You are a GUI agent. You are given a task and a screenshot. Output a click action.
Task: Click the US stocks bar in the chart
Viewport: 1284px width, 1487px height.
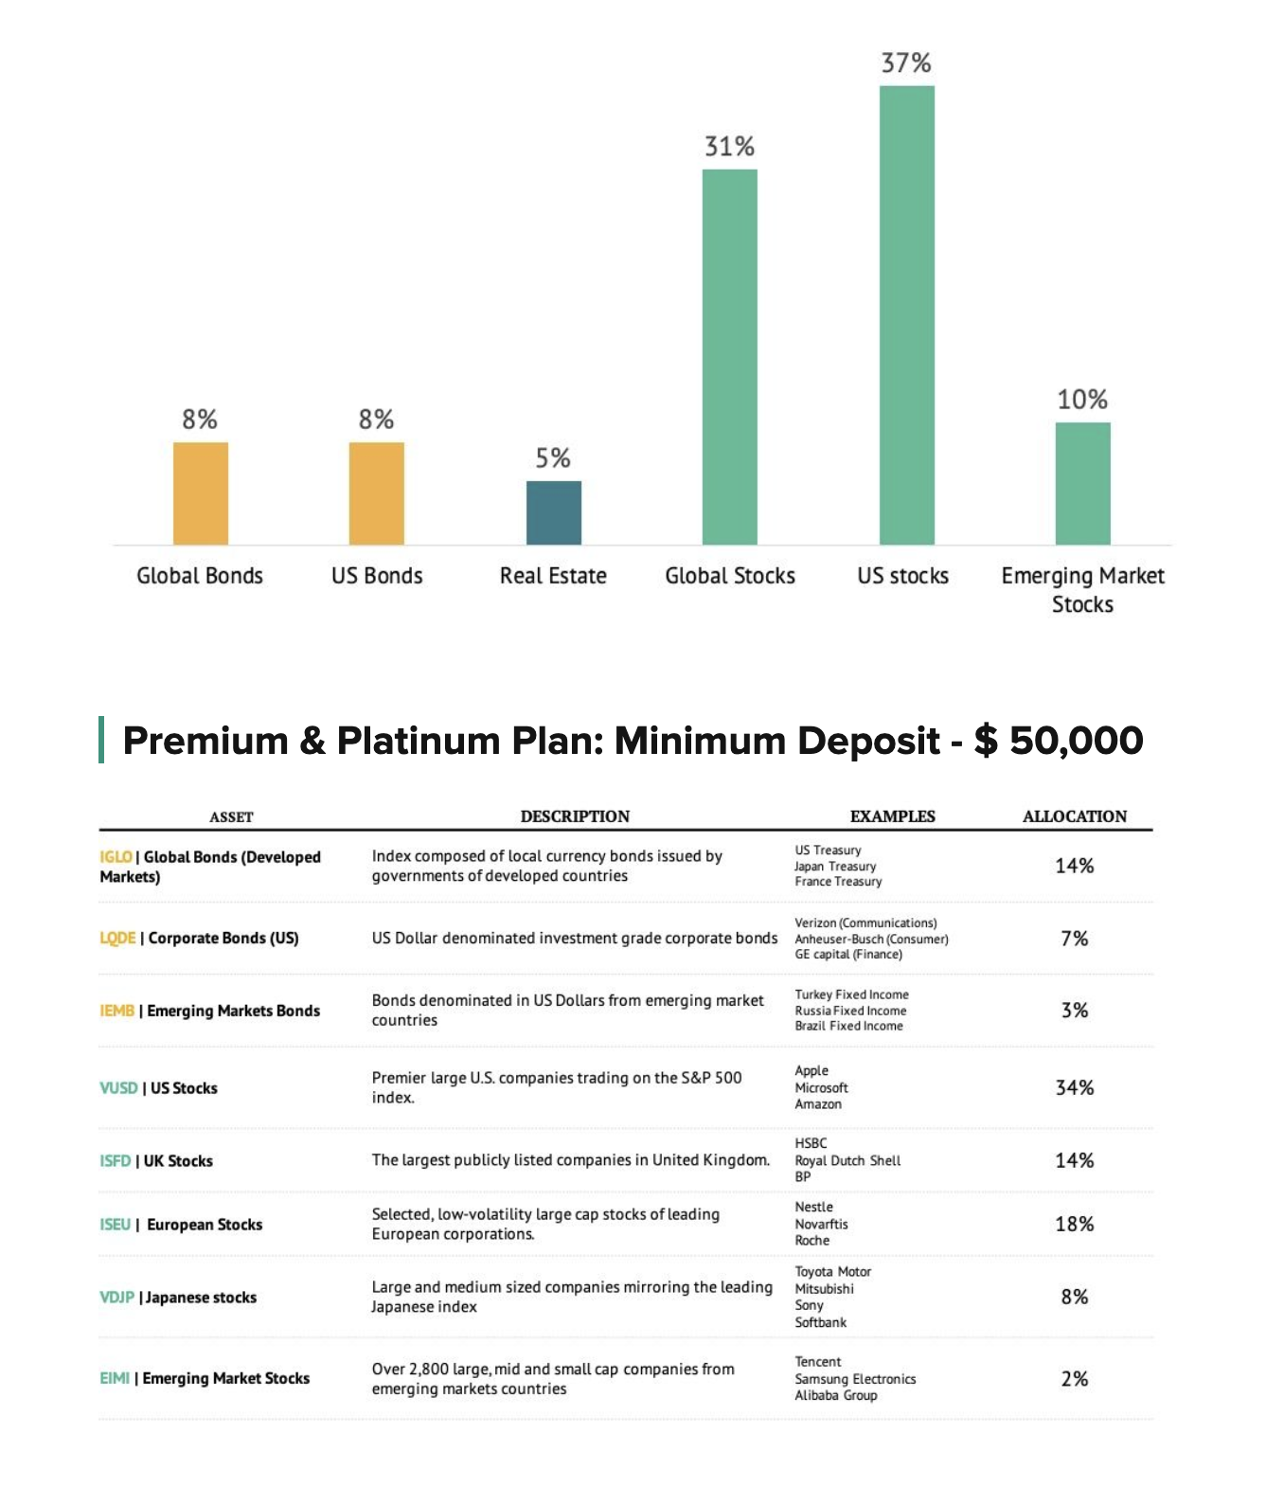coord(906,314)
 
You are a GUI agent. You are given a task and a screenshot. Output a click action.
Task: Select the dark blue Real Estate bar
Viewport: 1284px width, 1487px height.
coord(553,512)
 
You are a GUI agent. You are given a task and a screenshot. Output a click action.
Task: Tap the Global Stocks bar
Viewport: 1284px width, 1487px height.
coord(729,356)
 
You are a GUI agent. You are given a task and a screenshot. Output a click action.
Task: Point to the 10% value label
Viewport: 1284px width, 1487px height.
coord(1082,400)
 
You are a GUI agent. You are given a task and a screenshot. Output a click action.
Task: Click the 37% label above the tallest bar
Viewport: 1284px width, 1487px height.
coord(906,63)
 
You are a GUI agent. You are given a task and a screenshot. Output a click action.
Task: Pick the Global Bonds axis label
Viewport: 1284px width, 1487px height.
coord(200,576)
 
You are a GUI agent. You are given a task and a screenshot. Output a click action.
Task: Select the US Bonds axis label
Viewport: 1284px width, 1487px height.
coord(377,576)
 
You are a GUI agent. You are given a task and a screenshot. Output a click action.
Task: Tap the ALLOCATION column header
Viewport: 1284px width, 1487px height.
coord(1075,816)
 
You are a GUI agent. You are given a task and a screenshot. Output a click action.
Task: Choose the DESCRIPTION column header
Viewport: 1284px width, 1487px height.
coord(575,816)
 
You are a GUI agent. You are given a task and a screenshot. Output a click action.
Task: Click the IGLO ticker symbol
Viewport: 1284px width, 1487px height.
coord(116,857)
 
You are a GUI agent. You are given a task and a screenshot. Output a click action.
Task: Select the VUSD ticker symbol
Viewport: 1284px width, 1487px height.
coord(118,1088)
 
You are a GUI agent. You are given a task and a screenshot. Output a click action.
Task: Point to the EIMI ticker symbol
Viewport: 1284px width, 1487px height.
coord(115,1378)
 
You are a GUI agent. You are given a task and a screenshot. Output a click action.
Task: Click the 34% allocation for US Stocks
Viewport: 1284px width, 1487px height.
coord(1075,1088)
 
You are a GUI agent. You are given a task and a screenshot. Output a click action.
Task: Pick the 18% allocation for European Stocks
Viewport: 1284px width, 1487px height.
coord(1075,1225)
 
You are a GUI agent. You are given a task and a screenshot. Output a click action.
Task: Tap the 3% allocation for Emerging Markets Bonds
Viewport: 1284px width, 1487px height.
coord(1075,1011)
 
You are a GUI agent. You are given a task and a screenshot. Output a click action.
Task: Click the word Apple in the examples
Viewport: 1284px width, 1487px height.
coord(811,1071)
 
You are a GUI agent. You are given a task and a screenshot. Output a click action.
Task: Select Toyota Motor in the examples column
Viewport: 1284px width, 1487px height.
coord(832,1272)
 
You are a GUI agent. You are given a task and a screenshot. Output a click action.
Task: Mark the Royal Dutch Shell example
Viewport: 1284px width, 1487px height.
coord(847,1161)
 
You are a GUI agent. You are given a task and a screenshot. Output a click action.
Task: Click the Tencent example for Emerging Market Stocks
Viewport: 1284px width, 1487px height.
coord(818,1362)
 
